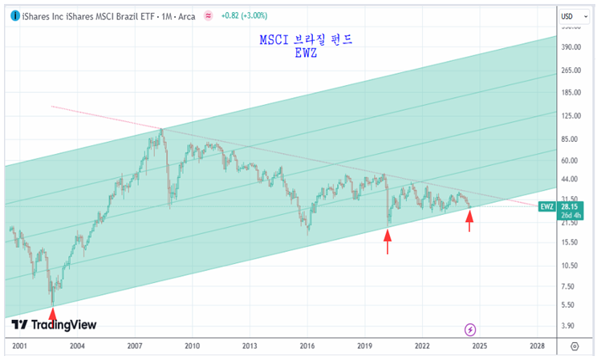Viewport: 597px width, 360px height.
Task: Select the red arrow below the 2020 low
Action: [388, 241]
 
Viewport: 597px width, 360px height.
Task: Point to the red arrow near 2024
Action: [469, 221]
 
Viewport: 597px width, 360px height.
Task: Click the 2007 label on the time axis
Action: [134, 346]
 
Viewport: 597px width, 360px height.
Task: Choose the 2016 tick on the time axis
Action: [307, 346]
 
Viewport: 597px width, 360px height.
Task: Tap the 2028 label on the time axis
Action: [538, 346]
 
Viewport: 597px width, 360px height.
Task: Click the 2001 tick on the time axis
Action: [19, 346]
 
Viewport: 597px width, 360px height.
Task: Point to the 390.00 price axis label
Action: [571, 47]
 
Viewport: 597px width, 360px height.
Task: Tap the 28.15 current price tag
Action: [571, 206]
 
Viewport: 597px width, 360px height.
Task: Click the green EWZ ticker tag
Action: [547, 207]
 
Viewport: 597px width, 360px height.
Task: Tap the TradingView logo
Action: [54, 325]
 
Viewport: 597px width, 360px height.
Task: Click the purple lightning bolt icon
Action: [470, 330]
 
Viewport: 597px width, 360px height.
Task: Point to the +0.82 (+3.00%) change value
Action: [247, 15]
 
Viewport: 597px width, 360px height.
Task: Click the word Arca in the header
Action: [185, 15]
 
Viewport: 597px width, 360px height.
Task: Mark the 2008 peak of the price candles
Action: [161, 129]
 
